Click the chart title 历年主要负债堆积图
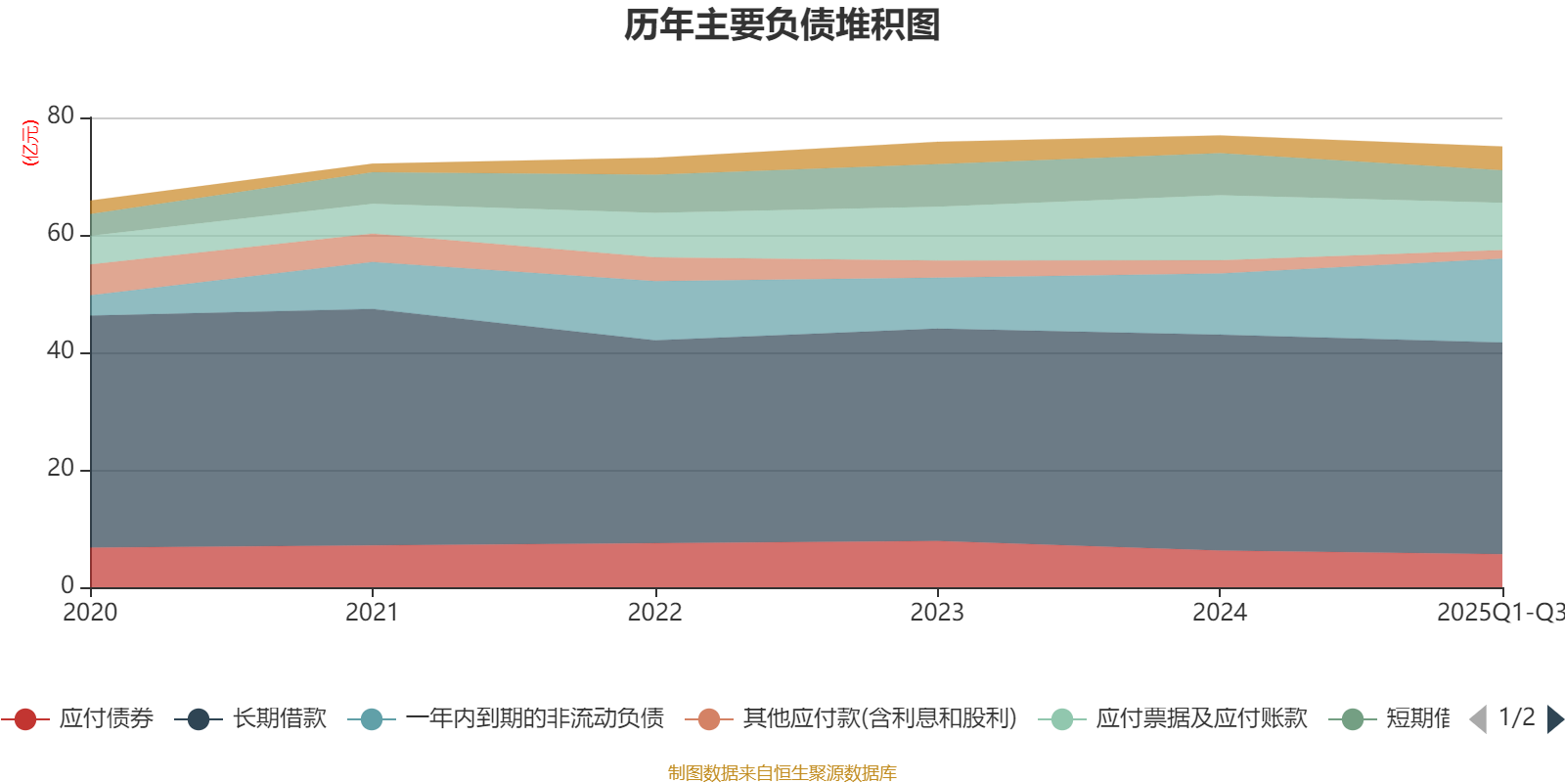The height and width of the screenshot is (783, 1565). pyautogui.click(x=782, y=25)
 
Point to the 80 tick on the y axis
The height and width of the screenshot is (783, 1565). pyautogui.click(x=61, y=115)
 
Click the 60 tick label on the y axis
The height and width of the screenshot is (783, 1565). pyautogui.click(x=61, y=233)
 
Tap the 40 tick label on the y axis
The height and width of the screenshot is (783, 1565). pyautogui.click(x=61, y=350)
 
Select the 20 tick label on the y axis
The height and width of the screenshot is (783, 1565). pyautogui.click(x=61, y=468)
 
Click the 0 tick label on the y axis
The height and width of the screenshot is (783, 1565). pyautogui.click(x=67, y=585)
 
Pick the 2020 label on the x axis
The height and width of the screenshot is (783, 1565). pyautogui.click(x=90, y=613)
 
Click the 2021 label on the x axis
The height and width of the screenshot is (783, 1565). pyautogui.click(x=372, y=613)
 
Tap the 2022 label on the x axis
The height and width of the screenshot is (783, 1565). pyautogui.click(x=654, y=613)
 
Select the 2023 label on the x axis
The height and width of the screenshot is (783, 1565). pyautogui.click(x=937, y=613)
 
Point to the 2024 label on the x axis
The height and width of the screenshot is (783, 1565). pyautogui.click(x=1219, y=613)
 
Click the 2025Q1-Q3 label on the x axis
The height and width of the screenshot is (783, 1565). pyautogui.click(x=1498, y=613)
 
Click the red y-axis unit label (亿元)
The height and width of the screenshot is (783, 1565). pyautogui.click(x=30, y=143)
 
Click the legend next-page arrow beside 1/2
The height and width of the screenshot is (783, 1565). pyautogui.click(x=1555, y=719)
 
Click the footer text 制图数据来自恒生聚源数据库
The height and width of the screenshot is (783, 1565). pyautogui.click(x=782, y=773)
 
